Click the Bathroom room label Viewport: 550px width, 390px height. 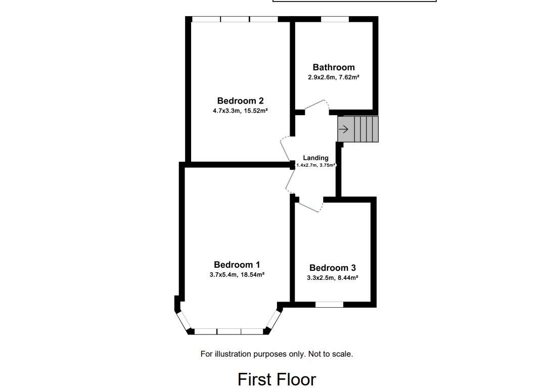point(334,67)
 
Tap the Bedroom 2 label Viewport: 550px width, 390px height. point(240,101)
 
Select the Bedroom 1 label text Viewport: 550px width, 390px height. point(237,265)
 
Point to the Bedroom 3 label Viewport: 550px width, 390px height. point(333,268)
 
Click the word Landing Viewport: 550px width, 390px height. point(315,158)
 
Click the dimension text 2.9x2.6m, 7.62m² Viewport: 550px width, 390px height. point(334,77)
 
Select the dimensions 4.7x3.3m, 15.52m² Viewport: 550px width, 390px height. point(240,111)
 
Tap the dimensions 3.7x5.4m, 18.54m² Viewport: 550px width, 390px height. point(237,275)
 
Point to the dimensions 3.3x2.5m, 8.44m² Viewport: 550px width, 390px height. point(333,277)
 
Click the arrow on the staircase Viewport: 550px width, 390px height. point(344,129)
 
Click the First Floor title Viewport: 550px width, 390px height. point(277,379)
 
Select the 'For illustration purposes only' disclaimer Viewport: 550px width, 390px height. point(277,354)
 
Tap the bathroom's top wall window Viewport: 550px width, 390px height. point(335,19)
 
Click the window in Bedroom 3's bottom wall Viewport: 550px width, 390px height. point(329,305)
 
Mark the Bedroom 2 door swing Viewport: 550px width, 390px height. point(285,149)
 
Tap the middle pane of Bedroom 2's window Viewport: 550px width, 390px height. point(235,19)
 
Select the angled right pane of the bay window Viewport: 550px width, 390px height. point(273,319)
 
